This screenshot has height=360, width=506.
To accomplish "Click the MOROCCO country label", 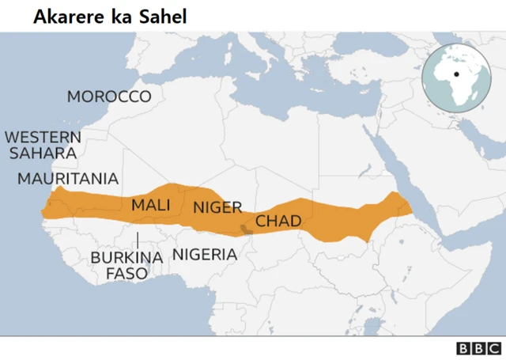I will (108, 97).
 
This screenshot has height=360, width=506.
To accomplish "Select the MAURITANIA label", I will (68, 178).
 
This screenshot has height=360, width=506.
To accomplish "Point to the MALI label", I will (151, 204).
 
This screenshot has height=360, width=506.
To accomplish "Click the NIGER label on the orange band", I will (217, 207).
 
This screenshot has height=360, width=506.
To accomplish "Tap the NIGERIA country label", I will (204, 254).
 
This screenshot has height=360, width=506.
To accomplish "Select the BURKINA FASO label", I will (126, 265).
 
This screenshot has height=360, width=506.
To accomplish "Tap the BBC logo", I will (478, 348).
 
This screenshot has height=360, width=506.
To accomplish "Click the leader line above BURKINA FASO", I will (138, 239).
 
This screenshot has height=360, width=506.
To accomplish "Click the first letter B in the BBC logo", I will (463, 348).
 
